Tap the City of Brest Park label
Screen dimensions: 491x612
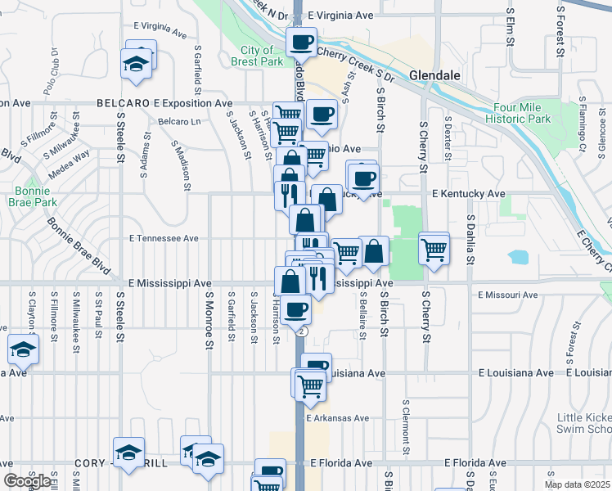(257, 56)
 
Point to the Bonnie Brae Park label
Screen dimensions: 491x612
(34, 196)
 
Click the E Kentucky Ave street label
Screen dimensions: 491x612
(468, 194)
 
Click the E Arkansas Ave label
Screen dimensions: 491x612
(338, 418)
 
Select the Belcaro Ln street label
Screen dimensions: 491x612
(179, 121)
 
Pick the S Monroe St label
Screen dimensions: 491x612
(209, 322)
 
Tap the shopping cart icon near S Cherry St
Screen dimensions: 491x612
(434, 248)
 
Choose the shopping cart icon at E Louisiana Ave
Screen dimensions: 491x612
(310, 384)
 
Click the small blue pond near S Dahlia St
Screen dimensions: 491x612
(518, 257)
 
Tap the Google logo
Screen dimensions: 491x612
(26, 481)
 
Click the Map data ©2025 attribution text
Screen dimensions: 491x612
(577, 484)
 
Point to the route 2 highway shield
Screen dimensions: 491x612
(302, 331)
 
